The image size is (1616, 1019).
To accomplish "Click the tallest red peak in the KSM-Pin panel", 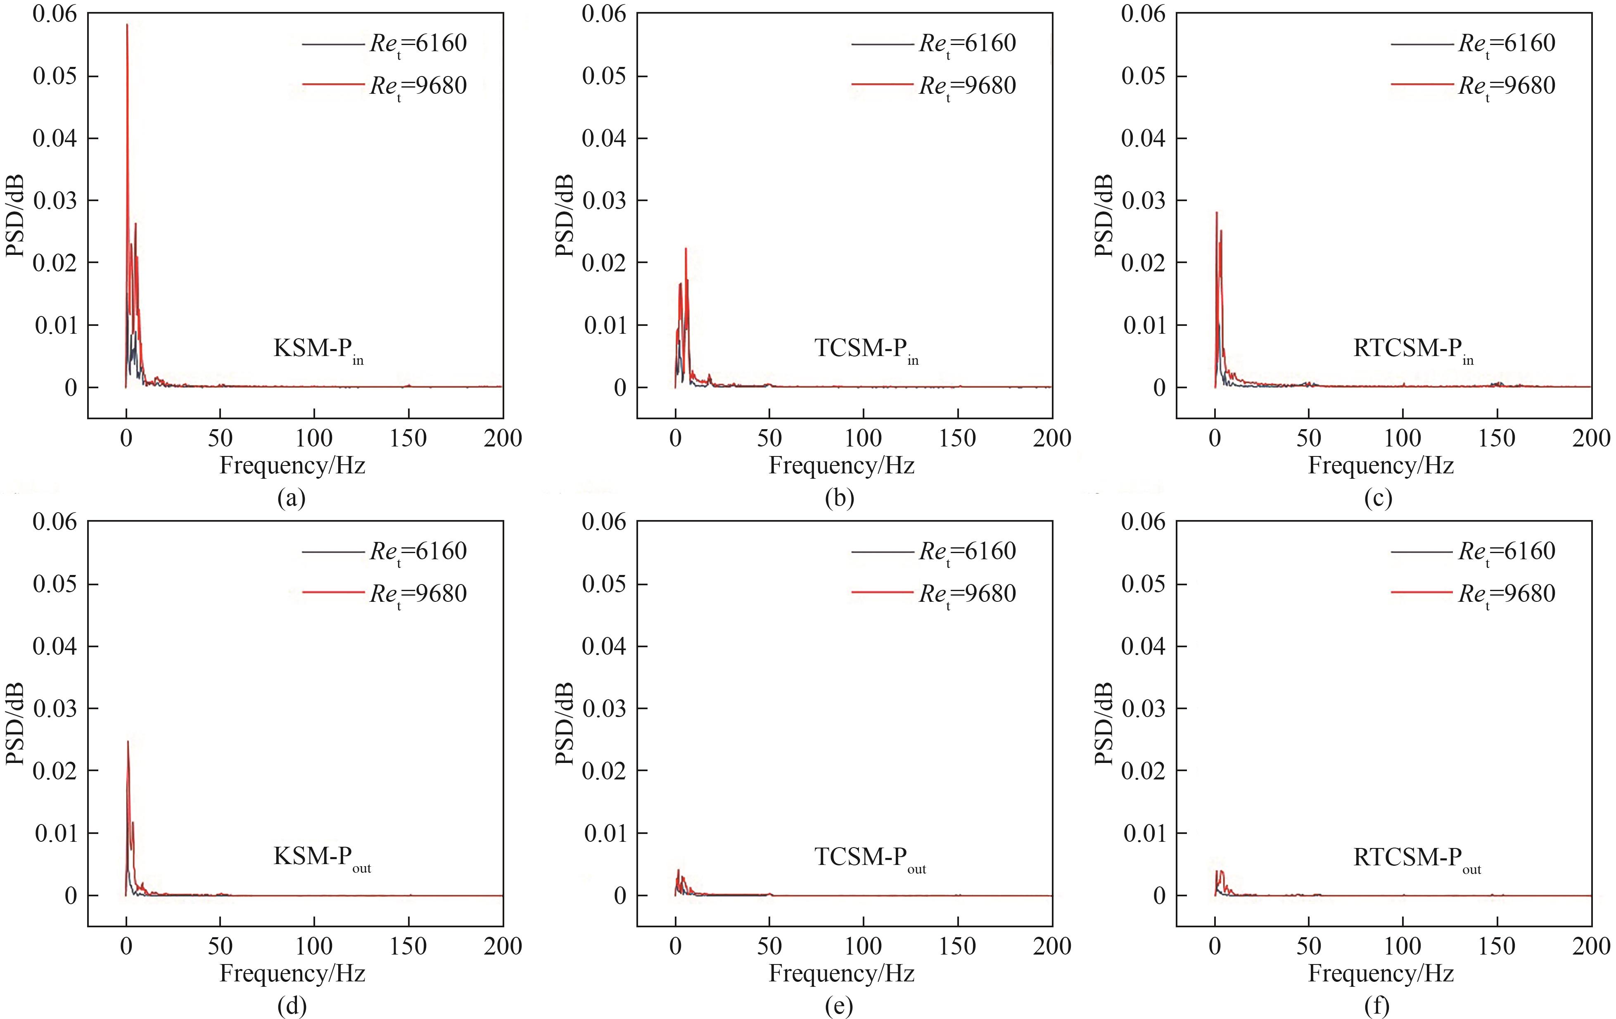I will click(127, 26).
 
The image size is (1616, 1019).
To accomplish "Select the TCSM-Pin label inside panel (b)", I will click(866, 349).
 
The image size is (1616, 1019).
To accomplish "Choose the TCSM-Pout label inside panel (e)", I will click(870, 857).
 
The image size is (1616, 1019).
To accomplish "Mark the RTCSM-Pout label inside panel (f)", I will click(1417, 857).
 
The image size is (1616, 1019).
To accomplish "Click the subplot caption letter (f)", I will click(1378, 1005).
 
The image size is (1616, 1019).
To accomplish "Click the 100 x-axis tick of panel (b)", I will click(863, 438).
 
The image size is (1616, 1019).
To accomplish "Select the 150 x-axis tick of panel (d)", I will click(408, 946).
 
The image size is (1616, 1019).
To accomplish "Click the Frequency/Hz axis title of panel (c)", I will click(1381, 465).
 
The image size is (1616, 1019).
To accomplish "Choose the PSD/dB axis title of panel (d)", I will click(15, 724).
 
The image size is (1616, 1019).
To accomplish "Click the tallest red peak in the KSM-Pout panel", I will click(128, 742).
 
